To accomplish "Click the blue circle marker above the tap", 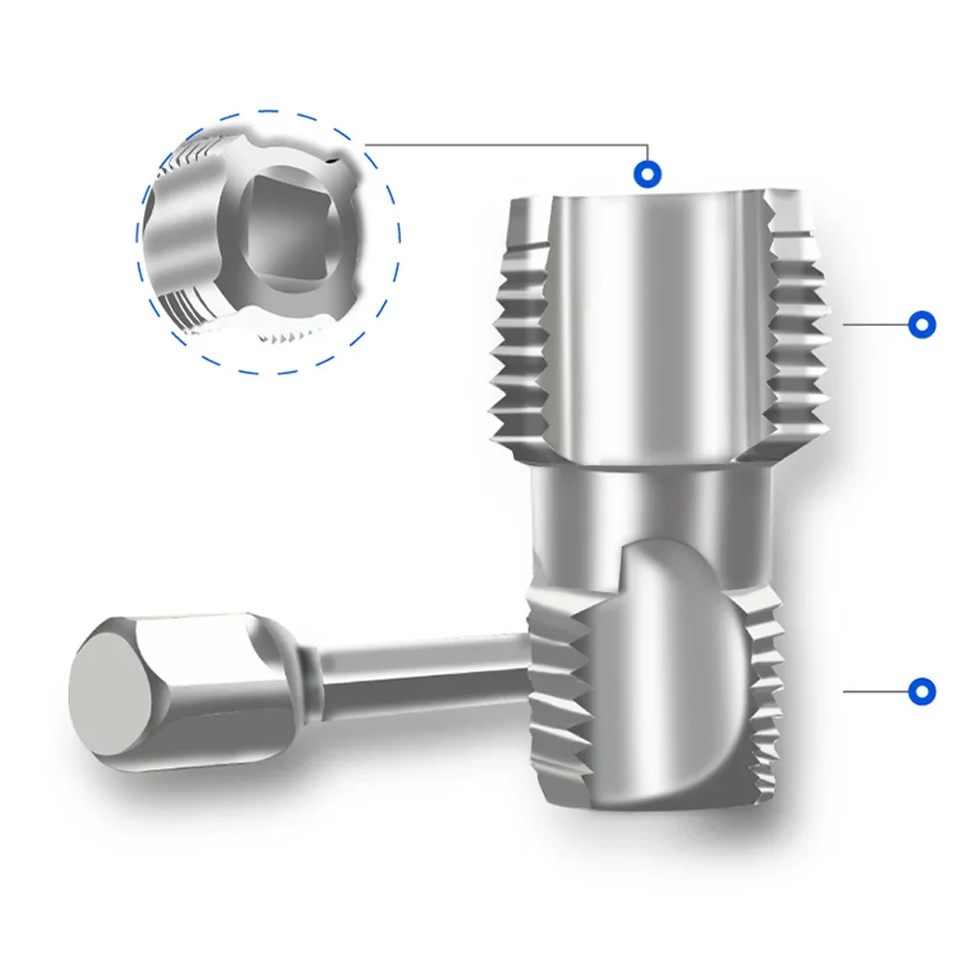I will point(648,175).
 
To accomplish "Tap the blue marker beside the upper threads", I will point(921,324).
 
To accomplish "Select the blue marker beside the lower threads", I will point(921,692).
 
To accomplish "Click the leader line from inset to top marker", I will point(504,146).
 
